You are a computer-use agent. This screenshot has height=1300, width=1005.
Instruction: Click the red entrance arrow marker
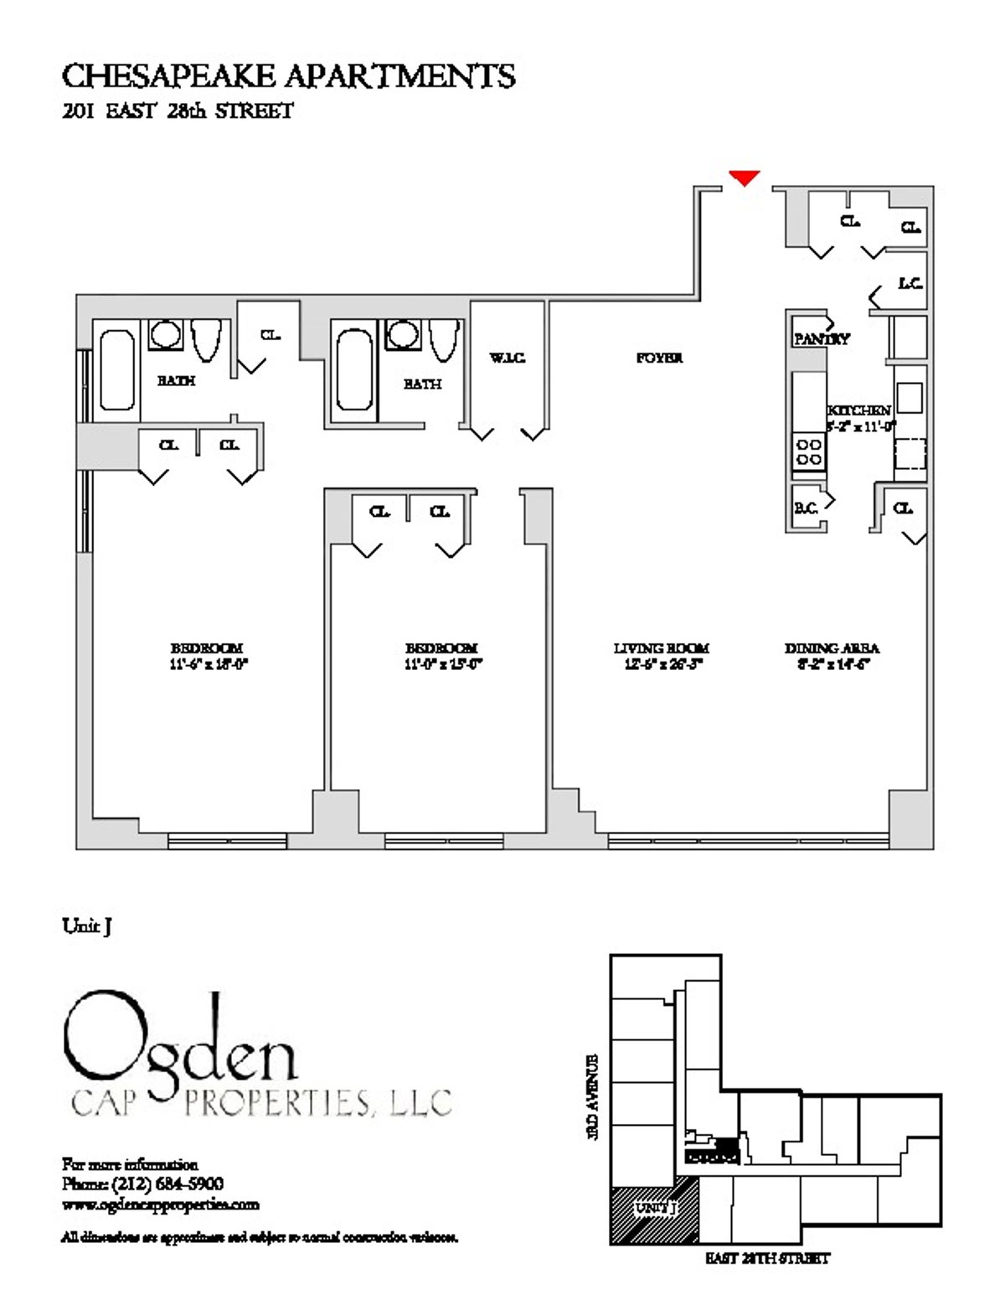[x=744, y=177]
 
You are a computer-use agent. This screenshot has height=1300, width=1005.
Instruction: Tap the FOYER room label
[x=659, y=358]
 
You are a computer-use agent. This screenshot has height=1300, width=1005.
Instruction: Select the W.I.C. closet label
[x=508, y=359]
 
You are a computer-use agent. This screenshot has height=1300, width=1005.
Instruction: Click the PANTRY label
[x=821, y=339]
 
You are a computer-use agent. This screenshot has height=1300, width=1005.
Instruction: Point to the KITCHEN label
[x=858, y=410]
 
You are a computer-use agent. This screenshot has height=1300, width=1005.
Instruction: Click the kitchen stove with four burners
[x=809, y=452]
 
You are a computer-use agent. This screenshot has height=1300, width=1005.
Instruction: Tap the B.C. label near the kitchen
[x=806, y=508]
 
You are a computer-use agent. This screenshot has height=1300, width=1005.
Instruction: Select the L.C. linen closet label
[x=910, y=284]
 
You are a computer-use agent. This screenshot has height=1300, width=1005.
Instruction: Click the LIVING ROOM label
[x=661, y=647]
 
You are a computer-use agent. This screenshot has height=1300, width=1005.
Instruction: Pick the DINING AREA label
[x=832, y=647]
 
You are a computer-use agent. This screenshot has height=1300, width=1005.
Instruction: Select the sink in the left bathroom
[x=165, y=335]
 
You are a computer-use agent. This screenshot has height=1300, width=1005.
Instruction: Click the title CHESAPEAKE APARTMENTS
[x=288, y=76]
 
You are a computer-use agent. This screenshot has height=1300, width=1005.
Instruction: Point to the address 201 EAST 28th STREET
[x=178, y=111]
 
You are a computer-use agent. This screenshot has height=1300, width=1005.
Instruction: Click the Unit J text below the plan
[x=87, y=926]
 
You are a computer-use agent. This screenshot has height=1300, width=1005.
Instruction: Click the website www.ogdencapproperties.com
[x=160, y=1205]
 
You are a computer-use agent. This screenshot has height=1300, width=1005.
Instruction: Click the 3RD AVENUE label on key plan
[x=594, y=1096]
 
